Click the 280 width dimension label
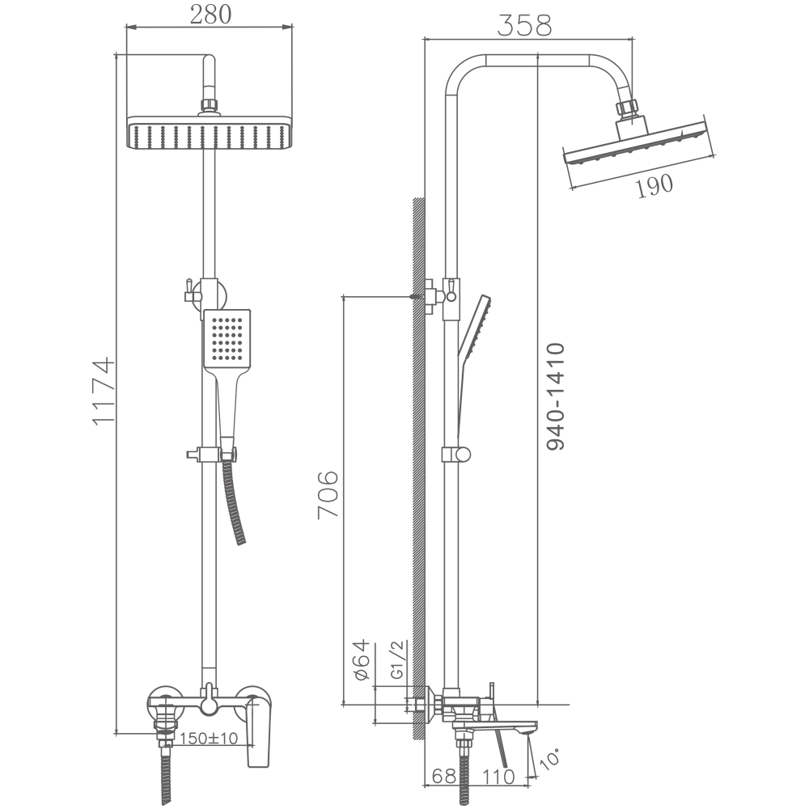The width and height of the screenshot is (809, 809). (210, 15)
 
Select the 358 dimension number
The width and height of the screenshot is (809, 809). (524, 26)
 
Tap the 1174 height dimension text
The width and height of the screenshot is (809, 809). (104, 391)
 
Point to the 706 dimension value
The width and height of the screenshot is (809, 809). (328, 494)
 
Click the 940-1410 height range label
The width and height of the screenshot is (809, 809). (556, 396)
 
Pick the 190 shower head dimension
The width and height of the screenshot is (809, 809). (654, 186)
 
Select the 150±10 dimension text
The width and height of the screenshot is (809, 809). (209, 739)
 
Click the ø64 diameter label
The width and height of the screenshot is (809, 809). (362, 660)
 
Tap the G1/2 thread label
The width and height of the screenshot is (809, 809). (398, 659)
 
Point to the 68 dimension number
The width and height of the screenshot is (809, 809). (443, 776)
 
